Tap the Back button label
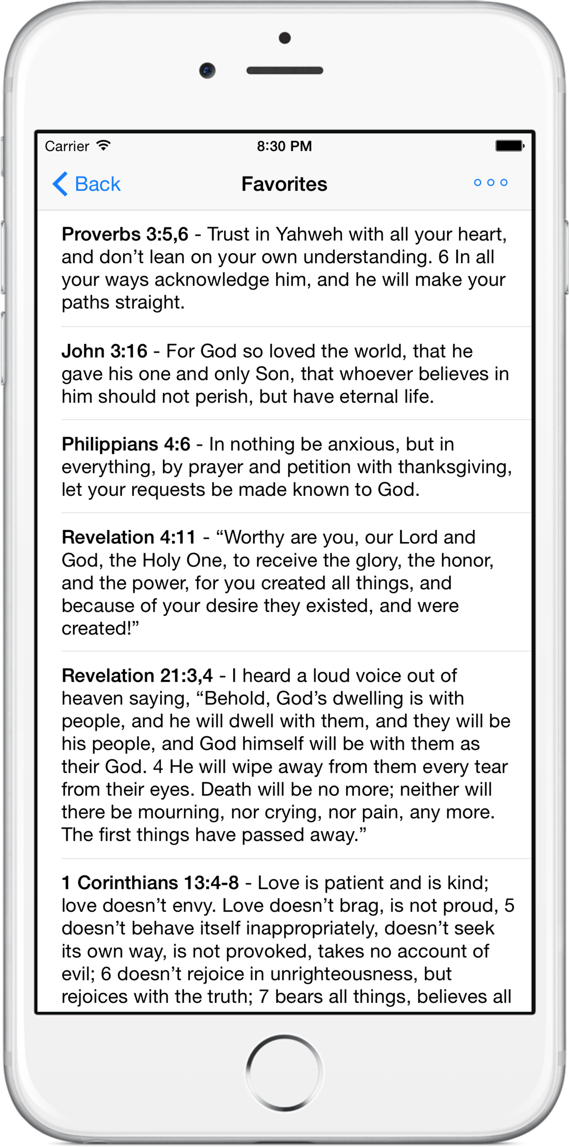pyautogui.click(x=97, y=184)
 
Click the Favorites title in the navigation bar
pyautogui.click(x=284, y=184)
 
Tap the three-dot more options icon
pyautogui.click(x=490, y=183)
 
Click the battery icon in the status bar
pyautogui.click(x=509, y=146)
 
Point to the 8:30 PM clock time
pyautogui.click(x=284, y=146)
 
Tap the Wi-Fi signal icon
pyautogui.click(x=104, y=146)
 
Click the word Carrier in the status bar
pyautogui.click(x=67, y=146)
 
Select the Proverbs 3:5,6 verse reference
pyautogui.click(x=125, y=234)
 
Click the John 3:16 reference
pyautogui.click(x=104, y=351)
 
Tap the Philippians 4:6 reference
pyautogui.click(x=126, y=444)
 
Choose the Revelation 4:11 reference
pyautogui.click(x=129, y=537)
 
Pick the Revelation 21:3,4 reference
pyautogui.click(x=137, y=675)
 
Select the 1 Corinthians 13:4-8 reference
pyautogui.click(x=150, y=883)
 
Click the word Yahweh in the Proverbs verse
pyautogui.click(x=309, y=234)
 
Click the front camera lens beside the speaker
pyautogui.click(x=207, y=70)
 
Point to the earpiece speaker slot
pyautogui.click(x=284, y=70)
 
